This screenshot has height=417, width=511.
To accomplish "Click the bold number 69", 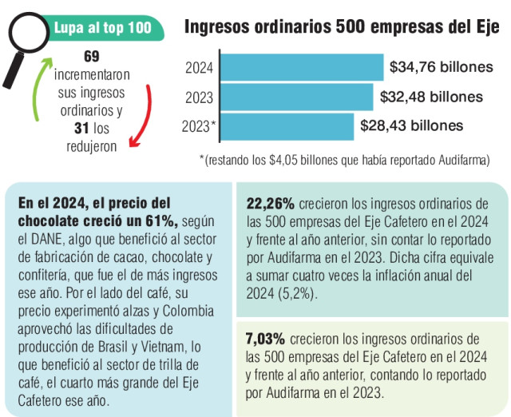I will pyautogui.click(x=90, y=57).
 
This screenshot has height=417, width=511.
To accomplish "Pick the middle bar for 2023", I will pyautogui.click(x=296, y=97).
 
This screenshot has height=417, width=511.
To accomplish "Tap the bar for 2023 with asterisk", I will pyautogui.click(x=287, y=126).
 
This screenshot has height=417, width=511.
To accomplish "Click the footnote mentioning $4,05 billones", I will pyautogui.click(x=343, y=160).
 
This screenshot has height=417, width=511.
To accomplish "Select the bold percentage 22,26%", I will pyautogui.click(x=271, y=204).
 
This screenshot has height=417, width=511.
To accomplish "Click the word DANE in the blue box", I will pyautogui.click(x=48, y=238).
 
